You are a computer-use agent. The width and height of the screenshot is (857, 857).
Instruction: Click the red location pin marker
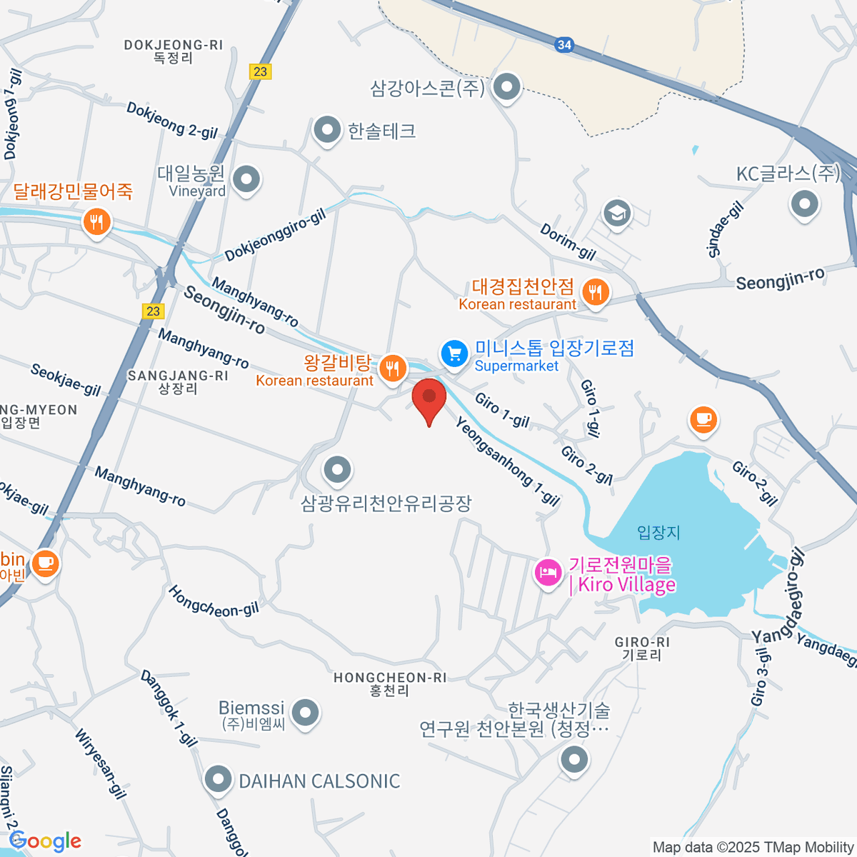coord(429,398)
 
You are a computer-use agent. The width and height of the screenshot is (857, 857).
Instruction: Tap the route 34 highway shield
coord(564,44)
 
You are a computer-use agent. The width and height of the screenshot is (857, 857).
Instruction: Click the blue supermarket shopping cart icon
coord(454,354)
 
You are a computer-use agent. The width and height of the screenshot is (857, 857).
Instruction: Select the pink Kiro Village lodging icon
coord(548,571)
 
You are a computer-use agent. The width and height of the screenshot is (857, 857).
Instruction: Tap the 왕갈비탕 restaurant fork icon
coord(392,369)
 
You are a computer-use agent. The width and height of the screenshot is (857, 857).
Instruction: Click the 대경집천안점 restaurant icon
coord(595,291)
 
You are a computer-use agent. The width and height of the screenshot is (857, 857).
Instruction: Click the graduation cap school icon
coord(617,213)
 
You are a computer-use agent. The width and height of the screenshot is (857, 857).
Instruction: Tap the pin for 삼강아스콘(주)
coord(508,87)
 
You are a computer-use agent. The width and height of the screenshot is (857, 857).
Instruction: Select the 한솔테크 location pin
coord(328,131)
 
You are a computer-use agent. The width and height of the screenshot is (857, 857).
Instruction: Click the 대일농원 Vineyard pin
coord(247,179)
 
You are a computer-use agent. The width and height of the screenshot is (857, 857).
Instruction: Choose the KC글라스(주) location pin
coord(805,204)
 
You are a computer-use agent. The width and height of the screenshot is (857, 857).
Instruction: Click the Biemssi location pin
coord(306,712)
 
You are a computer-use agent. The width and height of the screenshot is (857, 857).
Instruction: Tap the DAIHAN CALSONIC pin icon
coord(218,781)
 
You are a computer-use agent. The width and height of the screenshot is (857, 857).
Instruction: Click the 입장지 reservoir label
coord(658,532)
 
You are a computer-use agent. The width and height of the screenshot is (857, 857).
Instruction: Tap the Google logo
coord(46,841)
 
